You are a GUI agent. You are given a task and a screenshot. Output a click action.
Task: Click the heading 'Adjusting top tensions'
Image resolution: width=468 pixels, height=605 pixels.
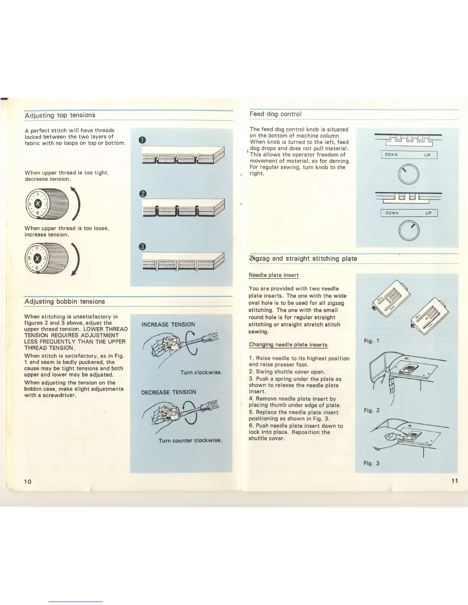pos(60,115)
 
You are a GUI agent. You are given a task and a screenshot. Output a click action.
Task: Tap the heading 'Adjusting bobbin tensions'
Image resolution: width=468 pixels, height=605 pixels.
pos(65,301)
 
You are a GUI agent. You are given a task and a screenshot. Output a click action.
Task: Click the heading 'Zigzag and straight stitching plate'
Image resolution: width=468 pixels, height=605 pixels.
pos(303,259)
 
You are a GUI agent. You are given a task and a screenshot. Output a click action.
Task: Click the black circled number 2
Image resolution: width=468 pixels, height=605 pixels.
pos(142,194)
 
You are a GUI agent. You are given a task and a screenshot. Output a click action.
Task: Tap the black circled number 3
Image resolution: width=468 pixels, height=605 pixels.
pos(142,247)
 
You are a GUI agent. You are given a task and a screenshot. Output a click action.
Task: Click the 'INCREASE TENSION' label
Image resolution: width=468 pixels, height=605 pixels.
pos(168,325)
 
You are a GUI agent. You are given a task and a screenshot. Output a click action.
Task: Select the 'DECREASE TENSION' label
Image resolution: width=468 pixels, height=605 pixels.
pos(169,392)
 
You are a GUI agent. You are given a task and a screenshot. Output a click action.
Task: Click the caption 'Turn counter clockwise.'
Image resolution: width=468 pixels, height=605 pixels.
pos(190,440)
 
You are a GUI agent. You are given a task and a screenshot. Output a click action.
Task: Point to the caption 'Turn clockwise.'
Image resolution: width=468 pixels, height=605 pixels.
pos(201,372)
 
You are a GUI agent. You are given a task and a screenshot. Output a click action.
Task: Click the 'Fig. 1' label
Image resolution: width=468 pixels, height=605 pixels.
pos(371,341)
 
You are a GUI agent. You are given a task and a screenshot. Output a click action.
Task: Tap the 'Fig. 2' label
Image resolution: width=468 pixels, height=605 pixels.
pos(372,410)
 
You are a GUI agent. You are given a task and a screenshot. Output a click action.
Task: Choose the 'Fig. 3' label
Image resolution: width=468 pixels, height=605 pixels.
pos(372,463)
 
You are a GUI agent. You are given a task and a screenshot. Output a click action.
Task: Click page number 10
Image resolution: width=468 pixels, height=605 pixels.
pos(28,481)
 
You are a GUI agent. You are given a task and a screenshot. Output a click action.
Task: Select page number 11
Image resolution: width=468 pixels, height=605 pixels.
pos(454,480)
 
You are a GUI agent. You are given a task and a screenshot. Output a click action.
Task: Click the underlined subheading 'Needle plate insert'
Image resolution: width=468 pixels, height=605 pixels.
pos(273,275)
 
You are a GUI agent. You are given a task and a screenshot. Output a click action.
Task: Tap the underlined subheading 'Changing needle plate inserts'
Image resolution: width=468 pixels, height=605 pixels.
pos(288,345)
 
